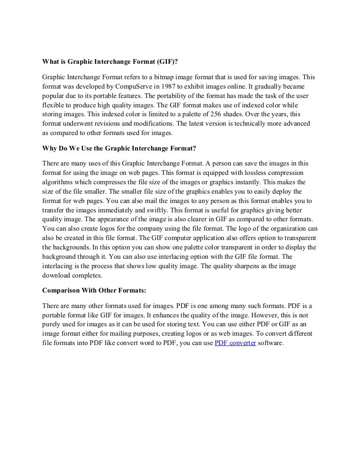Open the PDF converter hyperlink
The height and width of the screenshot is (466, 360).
point(235,342)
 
